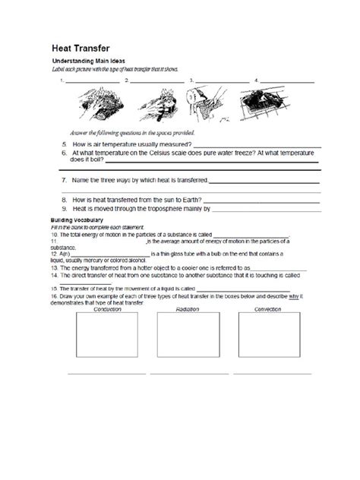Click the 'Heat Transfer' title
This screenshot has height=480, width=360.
tap(82, 47)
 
